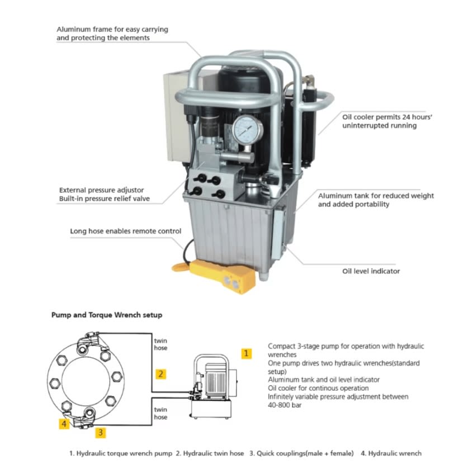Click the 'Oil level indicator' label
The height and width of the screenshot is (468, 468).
(371, 271)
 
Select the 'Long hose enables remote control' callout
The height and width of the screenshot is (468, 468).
(125, 231)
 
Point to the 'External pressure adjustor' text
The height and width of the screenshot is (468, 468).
(101, 190)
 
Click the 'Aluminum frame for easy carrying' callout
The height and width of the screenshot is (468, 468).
(112, 29)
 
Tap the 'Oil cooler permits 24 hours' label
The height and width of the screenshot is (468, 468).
(379, 117)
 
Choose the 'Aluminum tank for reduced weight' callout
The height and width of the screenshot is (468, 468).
(376, 196)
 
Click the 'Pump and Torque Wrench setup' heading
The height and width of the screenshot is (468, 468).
(107, 315)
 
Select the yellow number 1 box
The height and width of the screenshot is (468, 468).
(247, 353)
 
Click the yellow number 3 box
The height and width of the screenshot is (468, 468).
(100, 432)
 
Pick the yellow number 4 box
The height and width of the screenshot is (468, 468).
(65, 424)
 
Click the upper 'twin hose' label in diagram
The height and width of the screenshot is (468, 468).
(160, 344)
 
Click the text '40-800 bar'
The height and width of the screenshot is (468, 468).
(285, 405)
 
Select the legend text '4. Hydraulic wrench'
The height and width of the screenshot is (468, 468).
(391, 453)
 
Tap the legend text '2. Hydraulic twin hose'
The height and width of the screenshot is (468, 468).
(210, 453)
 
